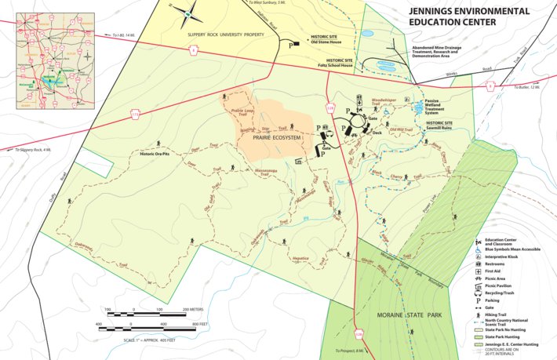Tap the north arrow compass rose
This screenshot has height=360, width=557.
(188, 13)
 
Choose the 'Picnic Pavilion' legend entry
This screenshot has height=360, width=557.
(501, 285)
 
